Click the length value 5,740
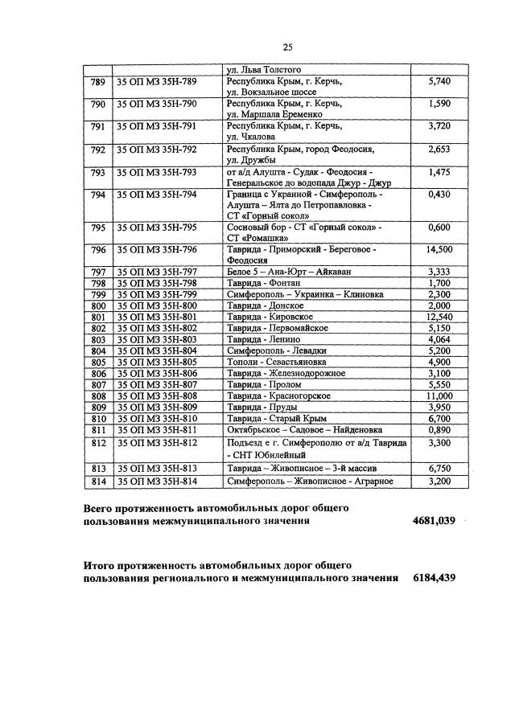(x=439, y=82)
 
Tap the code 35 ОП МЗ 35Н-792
(x=156, y=150)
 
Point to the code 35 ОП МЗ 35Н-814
(x=156, y=481)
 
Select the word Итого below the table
(x=101, y=566)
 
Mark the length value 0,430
(x=439, y=195)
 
